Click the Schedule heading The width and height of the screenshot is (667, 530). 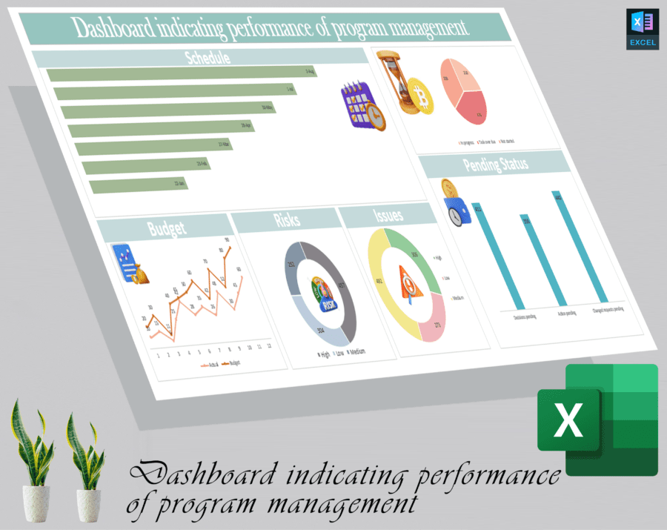[207, 57]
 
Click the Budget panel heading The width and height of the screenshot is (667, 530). [167, 228]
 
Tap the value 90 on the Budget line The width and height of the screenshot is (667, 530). [227, 240]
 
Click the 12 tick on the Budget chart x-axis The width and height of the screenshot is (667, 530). [269, 346]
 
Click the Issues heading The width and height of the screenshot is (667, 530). [388, 216]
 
